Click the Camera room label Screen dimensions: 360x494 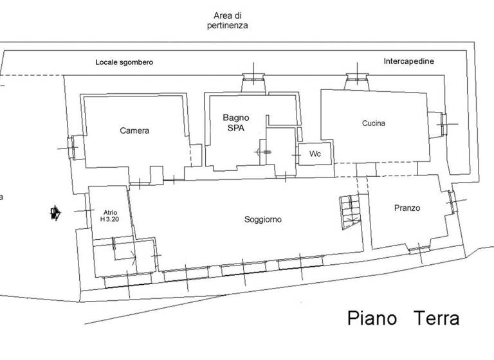(x=134, y=130)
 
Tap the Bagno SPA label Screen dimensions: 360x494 (x=236, y=122)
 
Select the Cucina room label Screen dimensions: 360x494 (x=374, y=123)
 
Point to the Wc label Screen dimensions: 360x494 (x=315, y=154)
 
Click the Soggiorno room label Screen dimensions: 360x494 (x=263, y=219)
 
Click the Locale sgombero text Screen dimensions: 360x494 (x=124, y=62)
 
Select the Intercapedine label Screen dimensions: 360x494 (x=408, y=61)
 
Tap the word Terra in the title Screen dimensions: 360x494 (x=436, y=318)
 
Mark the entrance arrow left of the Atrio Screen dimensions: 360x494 (x=55, y=213)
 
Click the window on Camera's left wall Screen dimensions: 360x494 (x=73, y=147)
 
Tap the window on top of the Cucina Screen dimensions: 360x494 (x=356, y=80)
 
